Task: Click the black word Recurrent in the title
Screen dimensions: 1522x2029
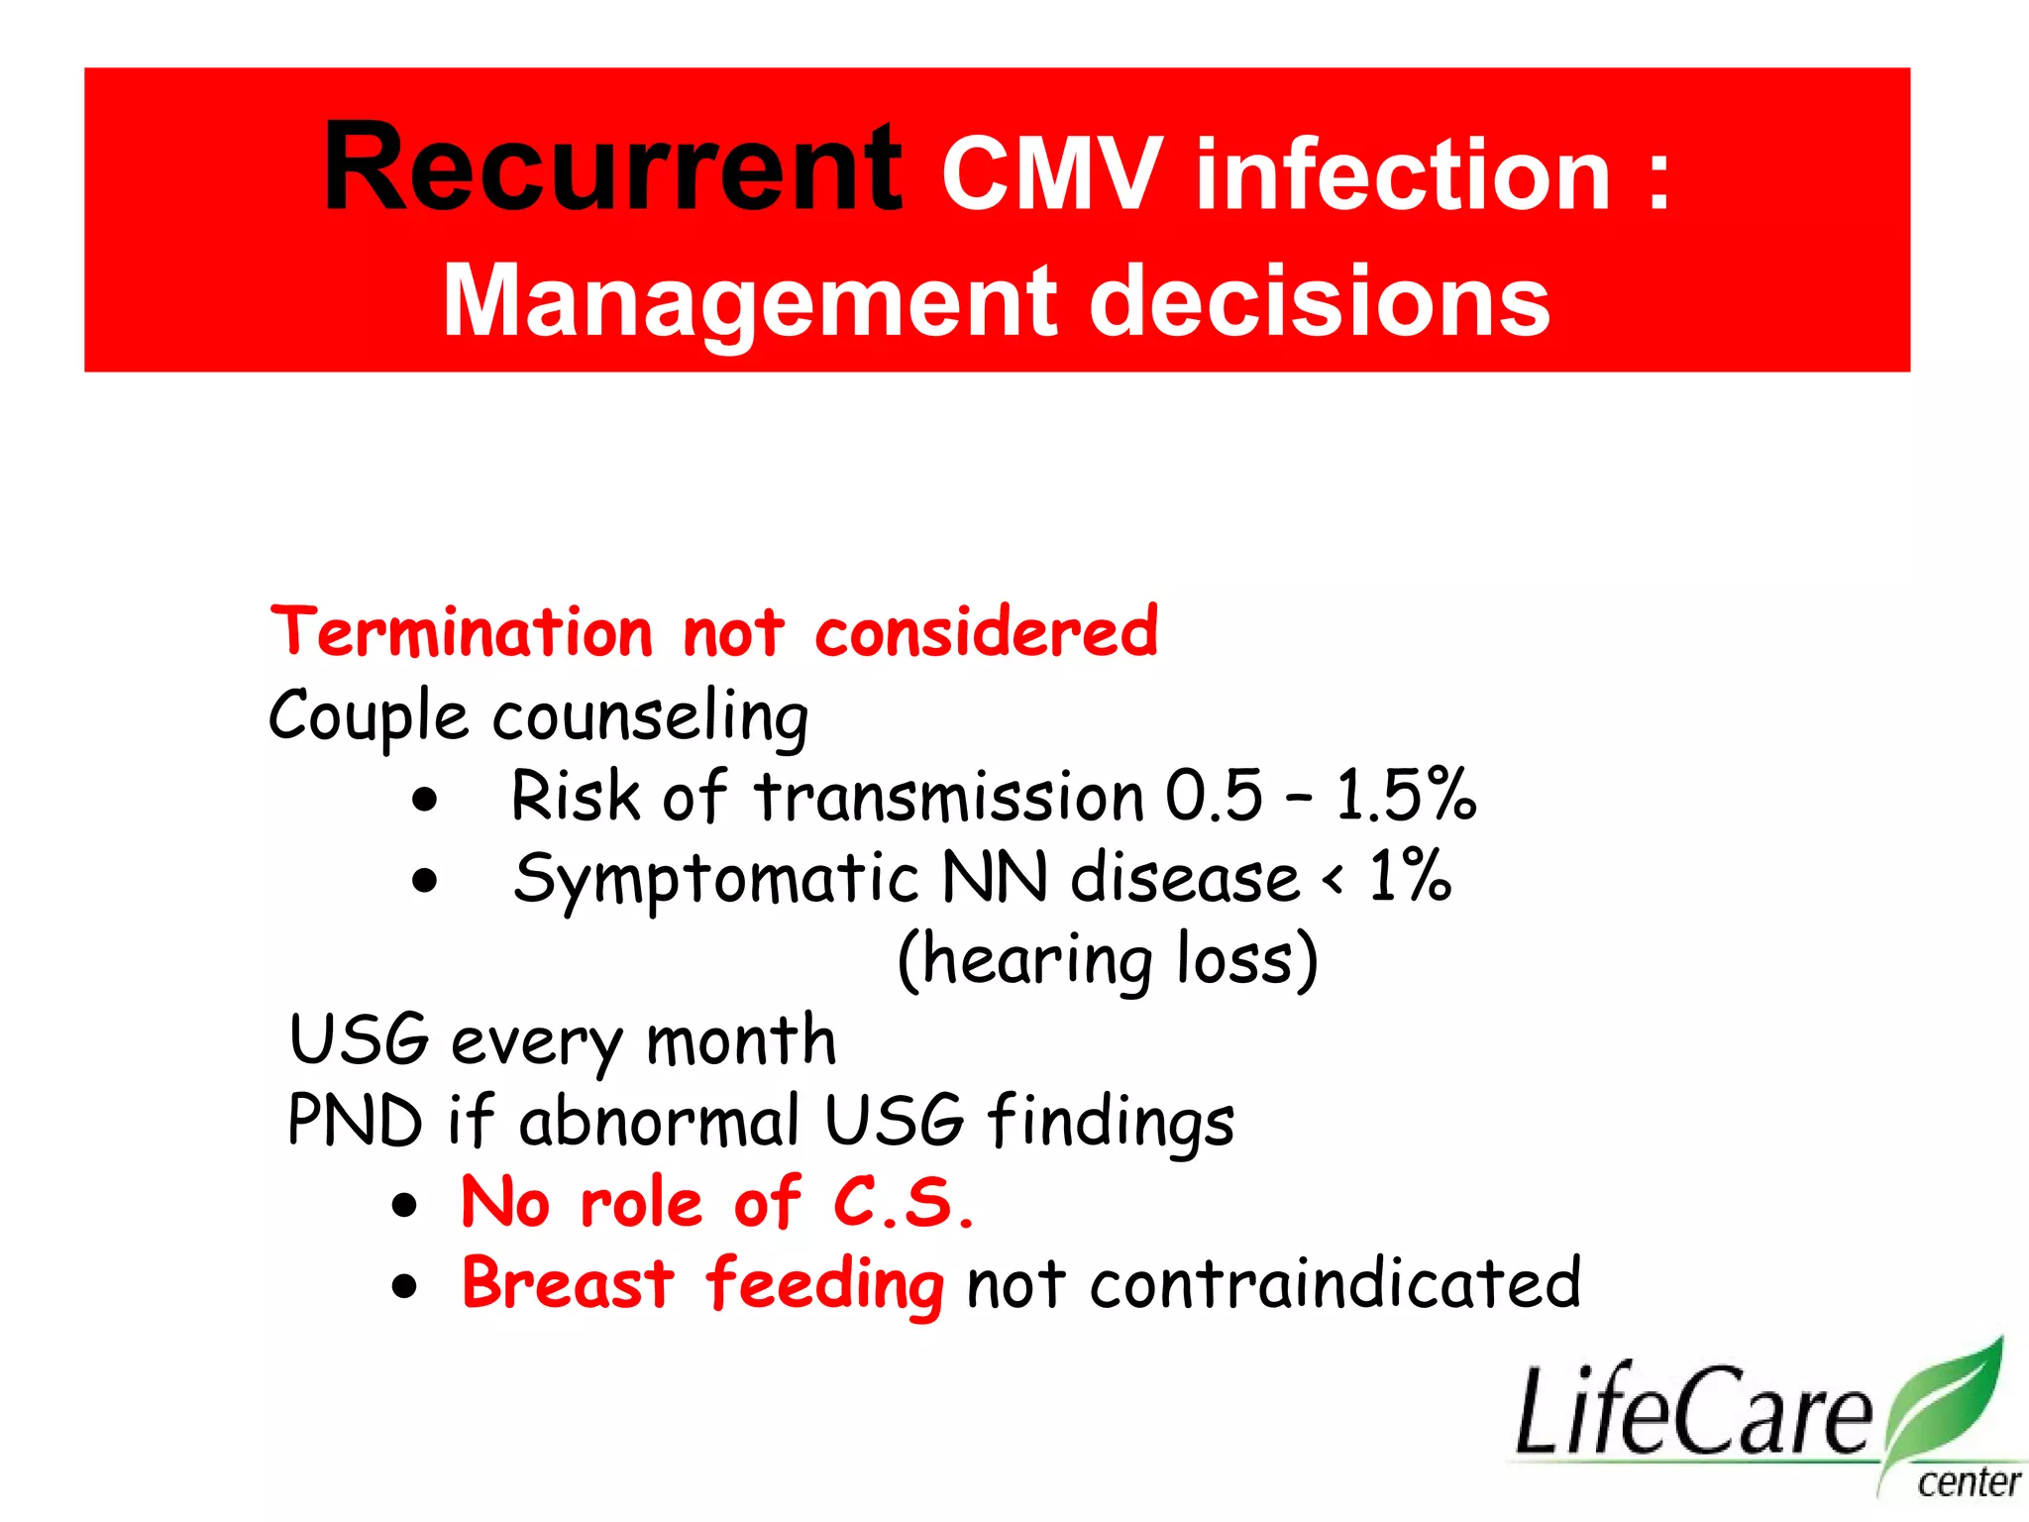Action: pos(612,168)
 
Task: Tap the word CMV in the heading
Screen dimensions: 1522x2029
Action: pos(1052,175)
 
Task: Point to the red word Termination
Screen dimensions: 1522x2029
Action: pos(462,632)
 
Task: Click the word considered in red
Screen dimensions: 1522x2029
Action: pos(986,632)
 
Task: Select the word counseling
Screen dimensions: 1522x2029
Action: pos(651,716)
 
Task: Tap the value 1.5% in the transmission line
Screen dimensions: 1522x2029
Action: pos(1406,796)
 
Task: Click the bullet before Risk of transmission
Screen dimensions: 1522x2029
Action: pos(425,799)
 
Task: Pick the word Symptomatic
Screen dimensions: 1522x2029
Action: pos(715,879)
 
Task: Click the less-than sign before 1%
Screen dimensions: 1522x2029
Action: pos(1334,879)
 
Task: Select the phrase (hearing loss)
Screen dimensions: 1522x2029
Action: pos(1107,960)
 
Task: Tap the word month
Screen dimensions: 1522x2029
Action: pos(741,1041)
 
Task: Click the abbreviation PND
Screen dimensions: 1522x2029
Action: pos(354,1122)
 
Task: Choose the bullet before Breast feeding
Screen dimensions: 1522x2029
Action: pos(404,1286)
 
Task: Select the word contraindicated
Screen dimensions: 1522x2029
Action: pos(1335,1284)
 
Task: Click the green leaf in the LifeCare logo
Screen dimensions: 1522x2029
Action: pos(1947,1402)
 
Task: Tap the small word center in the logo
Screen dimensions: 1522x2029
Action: pos(1968,1482)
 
